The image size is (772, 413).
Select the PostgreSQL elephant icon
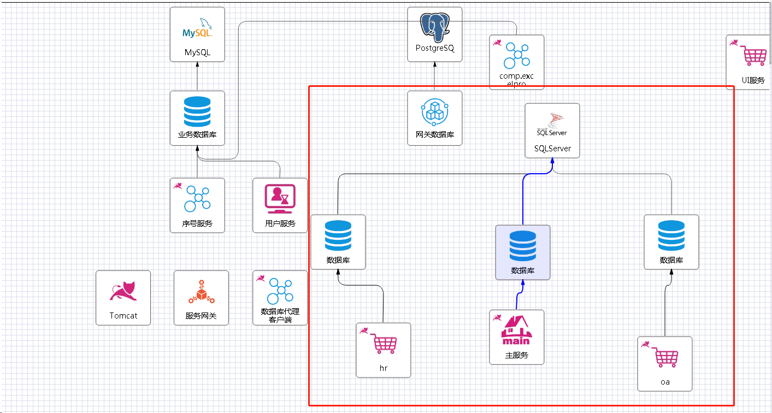pos(435,26)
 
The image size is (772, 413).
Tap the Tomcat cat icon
pos(123,291)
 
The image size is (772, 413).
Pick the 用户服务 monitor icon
pos(280,198)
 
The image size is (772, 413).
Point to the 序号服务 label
pos(197,223)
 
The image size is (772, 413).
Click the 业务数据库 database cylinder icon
pos(197,111)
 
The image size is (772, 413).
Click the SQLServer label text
pos(552,149)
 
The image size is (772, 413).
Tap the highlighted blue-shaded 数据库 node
pos(523,252)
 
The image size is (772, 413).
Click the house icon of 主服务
pos(516,331)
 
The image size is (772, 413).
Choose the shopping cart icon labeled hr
pos(385,344)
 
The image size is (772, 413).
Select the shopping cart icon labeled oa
pos(666,358)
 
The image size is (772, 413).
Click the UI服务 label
pos(753,80)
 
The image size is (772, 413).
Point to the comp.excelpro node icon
pos(517,55)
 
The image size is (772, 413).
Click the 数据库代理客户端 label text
pos(280,316)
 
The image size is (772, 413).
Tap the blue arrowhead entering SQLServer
pos(552,161)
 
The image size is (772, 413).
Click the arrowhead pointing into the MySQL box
pos(197,64)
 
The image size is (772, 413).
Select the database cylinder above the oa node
pos(671,235)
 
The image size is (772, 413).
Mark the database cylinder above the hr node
pos(338,235)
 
